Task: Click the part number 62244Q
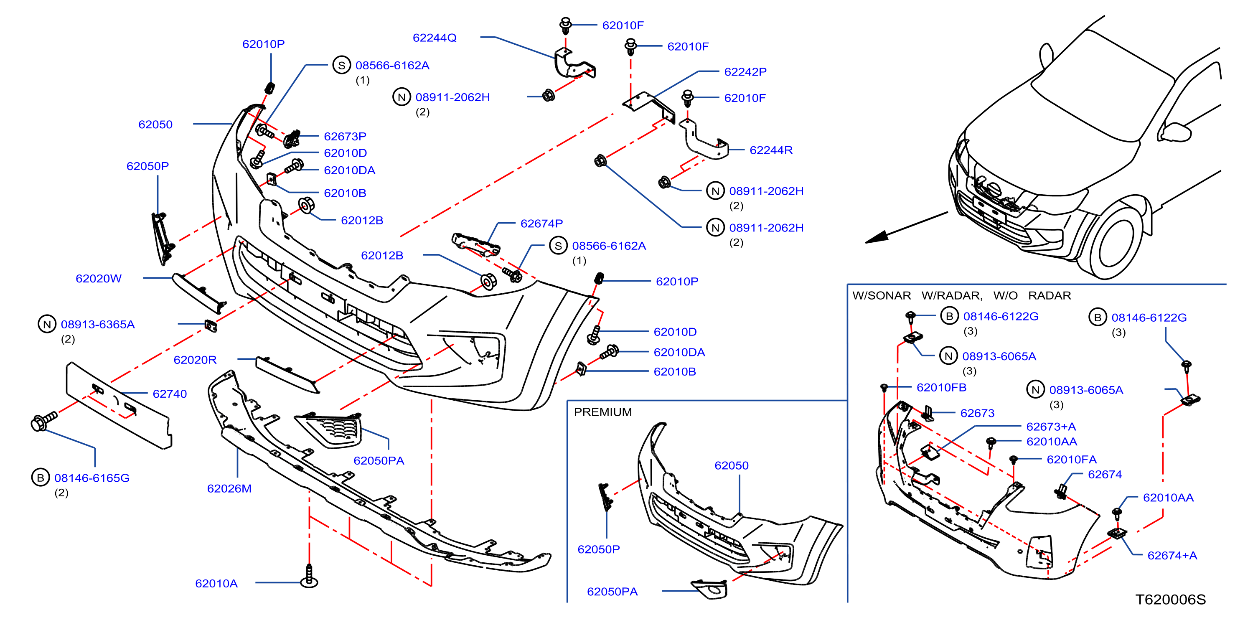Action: coord(434,38)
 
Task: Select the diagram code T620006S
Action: coord(1170,599)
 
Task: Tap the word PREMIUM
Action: coord(602,412)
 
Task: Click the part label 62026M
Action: coord(229,488)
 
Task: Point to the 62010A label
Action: coord(216,583)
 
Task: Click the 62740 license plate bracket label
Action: coord(170,394)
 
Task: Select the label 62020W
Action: coord(98,278)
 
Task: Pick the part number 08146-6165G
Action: coord(92,478)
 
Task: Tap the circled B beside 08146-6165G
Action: coord(41,478)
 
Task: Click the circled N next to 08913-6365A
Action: coord(47,324)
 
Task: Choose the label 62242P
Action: coord(745,72)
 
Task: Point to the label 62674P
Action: coord(541,223)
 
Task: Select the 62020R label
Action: coord(195,360)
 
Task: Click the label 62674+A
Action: coord(1172,555)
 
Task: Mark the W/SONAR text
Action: coord(882,295)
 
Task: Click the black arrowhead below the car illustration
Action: coord(877,237)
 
